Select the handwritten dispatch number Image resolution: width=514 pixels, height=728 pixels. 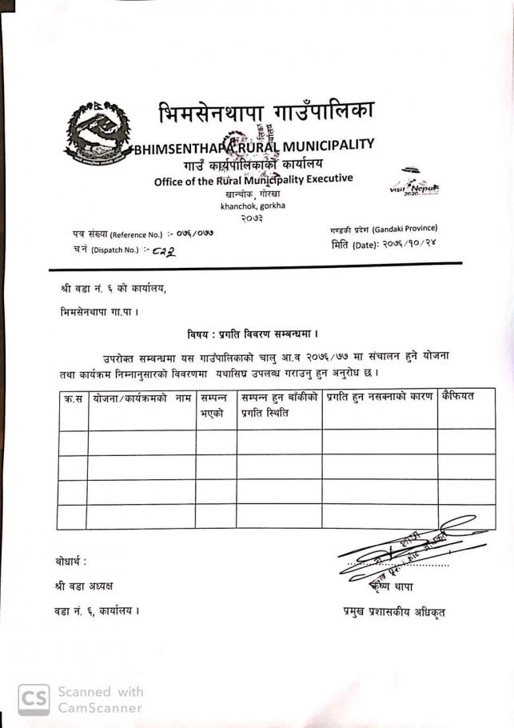click(x=163, y=250)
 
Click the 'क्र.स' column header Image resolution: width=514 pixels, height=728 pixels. click(x=72, y=398)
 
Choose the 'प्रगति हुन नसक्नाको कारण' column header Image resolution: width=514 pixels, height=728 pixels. click(x=377, y=397)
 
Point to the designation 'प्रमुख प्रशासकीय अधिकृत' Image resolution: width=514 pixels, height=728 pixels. click(x=393, y=613)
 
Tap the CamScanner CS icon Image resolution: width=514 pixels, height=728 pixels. click(x=33, y=699)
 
